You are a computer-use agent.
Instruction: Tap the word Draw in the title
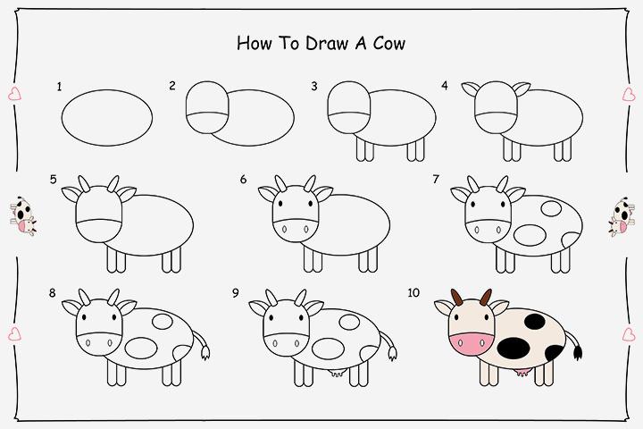point(319,42)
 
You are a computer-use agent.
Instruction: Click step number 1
point(59,87)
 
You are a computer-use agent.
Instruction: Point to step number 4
point(444,87)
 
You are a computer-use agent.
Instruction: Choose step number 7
point(435,179)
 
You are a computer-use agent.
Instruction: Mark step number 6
point(243,179)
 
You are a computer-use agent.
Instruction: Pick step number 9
point(235,292)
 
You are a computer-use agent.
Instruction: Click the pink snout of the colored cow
point(470,343)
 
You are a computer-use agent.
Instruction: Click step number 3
point(314,87)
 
